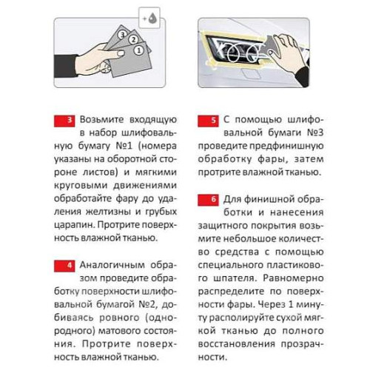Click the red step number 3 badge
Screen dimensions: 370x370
pyautogui.click(x=64, y=121)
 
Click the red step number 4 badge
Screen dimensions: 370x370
pyautogui.click(x=64, y=266)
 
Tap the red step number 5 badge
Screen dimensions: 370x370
pyautogui.click(x=208, y=121)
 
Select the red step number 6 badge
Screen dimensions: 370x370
pyautogui.click(x=208, y=200)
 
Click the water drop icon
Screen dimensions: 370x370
pyautogui.click(x=152, y=18)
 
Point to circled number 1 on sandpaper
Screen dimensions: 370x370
pyautogui.click(x=139, y=50)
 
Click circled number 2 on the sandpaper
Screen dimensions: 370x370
pyautogui.click(x=133, y=39)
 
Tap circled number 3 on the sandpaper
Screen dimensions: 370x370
pyautogui.click(x=122, y=35)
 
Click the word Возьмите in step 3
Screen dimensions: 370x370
pyautogui.click(x=101, y=120)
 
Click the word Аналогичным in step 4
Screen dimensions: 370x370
pyautogui.click(x=112, y=265)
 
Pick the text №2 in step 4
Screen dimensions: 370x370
pyautogui.click(x=147, y=304)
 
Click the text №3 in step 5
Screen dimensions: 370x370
pyautogui.click(x=315, y=132)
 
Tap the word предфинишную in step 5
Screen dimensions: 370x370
pyautogui.click(x=286, y=147)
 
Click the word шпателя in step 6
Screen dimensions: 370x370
pyautogui.click(x=235, y=278)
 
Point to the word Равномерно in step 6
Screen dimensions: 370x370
pyautogui.click(x=293, y=278)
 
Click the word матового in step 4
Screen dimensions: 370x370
pyautogui.click(x=116, y=331)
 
